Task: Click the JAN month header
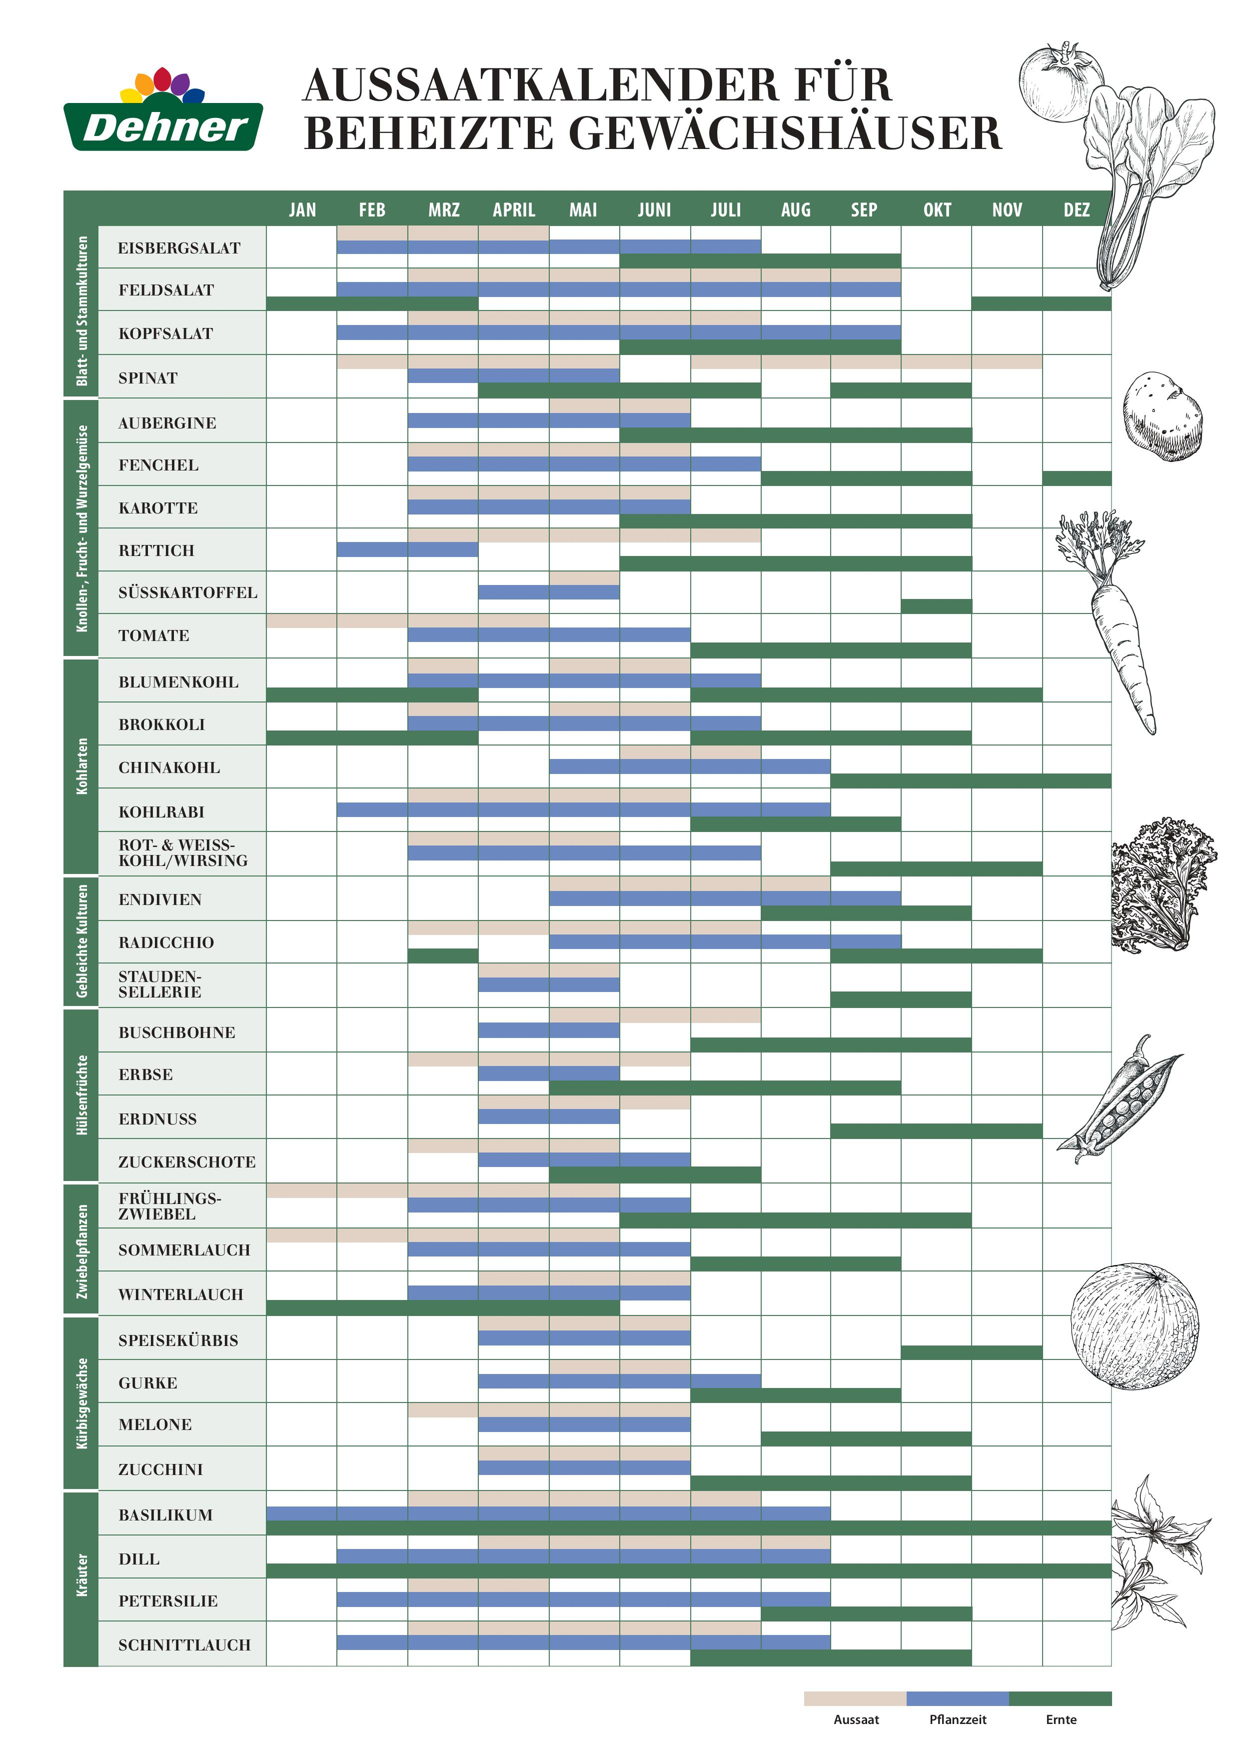pyautogui.click(x=302, y=210)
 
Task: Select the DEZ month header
pyautogui.click(x=1077, y=210)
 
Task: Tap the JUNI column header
pyautogui.click(x=654, y=210)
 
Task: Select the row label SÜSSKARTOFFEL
pyautogui.click(x=188, y=592)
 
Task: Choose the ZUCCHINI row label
pyautogui.click(x=160, y=1469)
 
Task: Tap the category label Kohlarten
pyautogui.click(x=81, y=766)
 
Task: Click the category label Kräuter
pyautogui.click(x=81, y=1575)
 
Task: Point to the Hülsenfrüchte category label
pyautogui.click(x=81, y=1094)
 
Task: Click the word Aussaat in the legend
pyautogui.click(x=856, y=1719)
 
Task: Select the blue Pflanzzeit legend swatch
pyautogui.click(x=958, y=1698)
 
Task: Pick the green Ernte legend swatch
pyautogui.click(x=1061, y=1698)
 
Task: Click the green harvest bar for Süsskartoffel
pyautogui.click(x=936, y=606)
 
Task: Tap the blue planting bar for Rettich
pyautogui.click(x=408, y=549)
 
